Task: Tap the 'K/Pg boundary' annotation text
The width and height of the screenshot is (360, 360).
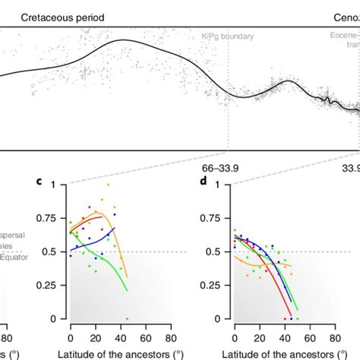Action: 227,36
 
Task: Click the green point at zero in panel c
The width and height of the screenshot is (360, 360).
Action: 127,318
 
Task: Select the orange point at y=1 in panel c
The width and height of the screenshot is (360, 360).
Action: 108,185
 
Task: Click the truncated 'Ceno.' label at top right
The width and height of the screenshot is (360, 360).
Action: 345,16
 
